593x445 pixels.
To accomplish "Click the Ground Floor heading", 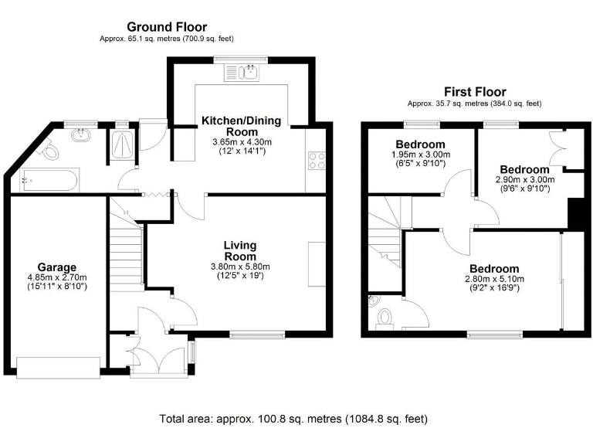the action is coord(167,27).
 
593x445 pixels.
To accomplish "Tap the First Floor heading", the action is coord(475,92).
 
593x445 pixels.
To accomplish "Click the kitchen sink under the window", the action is coord(242,73).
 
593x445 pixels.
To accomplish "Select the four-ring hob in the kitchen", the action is coord(317,161).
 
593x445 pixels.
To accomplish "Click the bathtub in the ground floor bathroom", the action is coord(49,181).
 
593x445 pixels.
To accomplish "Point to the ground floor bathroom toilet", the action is coord(49,150).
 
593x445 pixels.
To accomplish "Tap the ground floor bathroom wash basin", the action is coord(81,135).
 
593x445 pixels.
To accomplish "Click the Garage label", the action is coord(56,267).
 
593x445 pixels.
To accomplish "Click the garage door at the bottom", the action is coord(58,367).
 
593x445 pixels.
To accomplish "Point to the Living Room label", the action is coord(240,250).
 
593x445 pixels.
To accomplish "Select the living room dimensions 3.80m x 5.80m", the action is coord(240,267).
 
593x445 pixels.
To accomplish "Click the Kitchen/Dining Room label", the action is coord(241,126).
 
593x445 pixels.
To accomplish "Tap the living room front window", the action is coord(257,334).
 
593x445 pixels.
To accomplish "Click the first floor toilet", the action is coord(385,318).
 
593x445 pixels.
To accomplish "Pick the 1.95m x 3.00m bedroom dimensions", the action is coord(421,155).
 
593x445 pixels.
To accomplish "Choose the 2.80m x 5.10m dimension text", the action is coord(494,279).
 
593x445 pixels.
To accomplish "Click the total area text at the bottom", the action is coord(293,419).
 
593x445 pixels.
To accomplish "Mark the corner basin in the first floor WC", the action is coord(373,301).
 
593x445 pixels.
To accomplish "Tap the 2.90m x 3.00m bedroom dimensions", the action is coord(525,179).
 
